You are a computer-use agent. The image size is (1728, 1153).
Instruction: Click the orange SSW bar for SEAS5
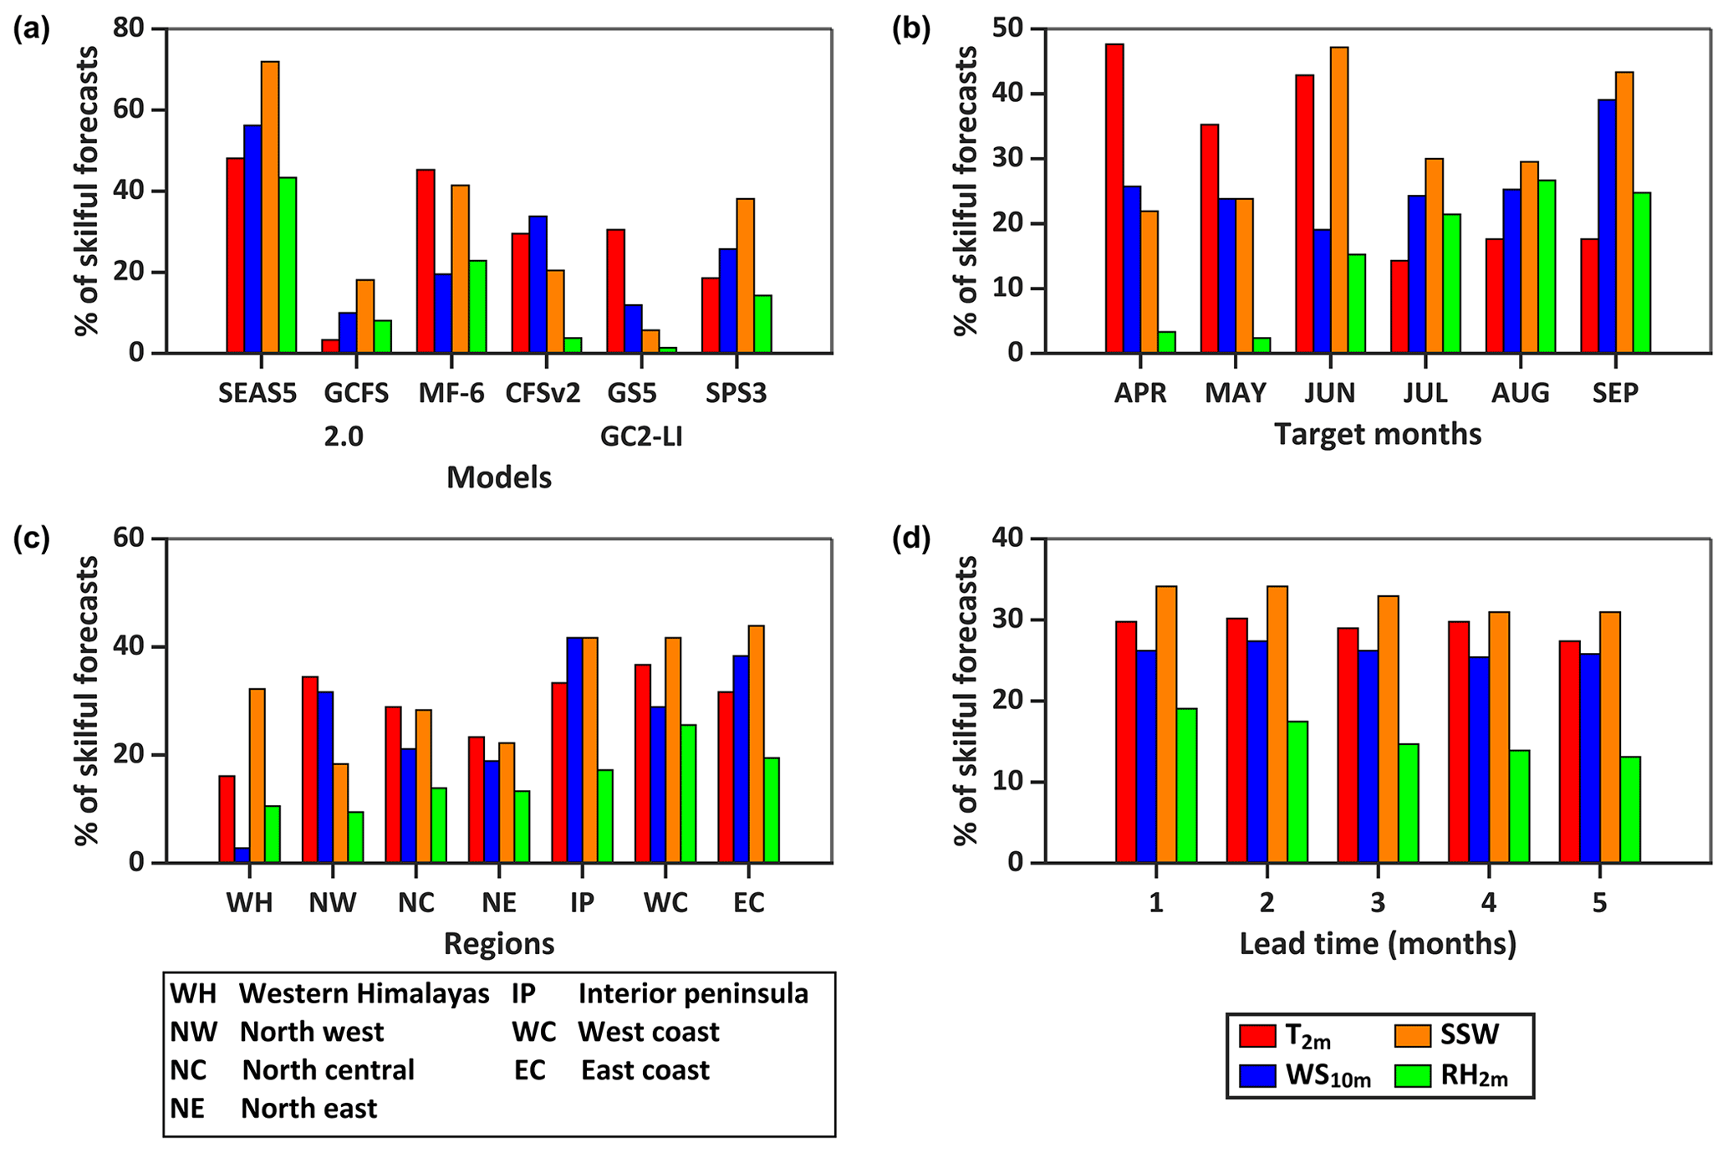[x=270, y=207]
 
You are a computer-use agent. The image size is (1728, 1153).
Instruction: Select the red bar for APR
[x=1114, y=199]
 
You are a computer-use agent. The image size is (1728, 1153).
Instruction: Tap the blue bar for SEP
[x=1607, y=227]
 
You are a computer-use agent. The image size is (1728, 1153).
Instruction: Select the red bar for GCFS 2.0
[x=330, y=346]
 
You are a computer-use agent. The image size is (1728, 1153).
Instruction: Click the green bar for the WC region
[x=688, y=793]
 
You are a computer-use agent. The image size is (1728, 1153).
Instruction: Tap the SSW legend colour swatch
[x=1413, y=1036]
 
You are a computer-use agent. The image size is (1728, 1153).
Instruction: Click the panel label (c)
[x=32, y=539]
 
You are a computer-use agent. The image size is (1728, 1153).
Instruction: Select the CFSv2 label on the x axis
[x=543, y=393]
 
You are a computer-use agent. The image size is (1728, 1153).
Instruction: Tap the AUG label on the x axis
[x=1520, y=393]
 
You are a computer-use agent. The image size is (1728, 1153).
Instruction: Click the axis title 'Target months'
[x=1378, y=435]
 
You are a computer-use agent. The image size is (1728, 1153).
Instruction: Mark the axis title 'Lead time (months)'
[x=1378, y=944]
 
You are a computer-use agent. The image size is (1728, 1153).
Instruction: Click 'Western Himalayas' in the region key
[x=364, y=993]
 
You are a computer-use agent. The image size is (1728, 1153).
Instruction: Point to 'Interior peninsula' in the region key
[x=693, y=993]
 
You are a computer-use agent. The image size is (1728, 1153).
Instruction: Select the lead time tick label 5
[x=1599, y=904]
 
